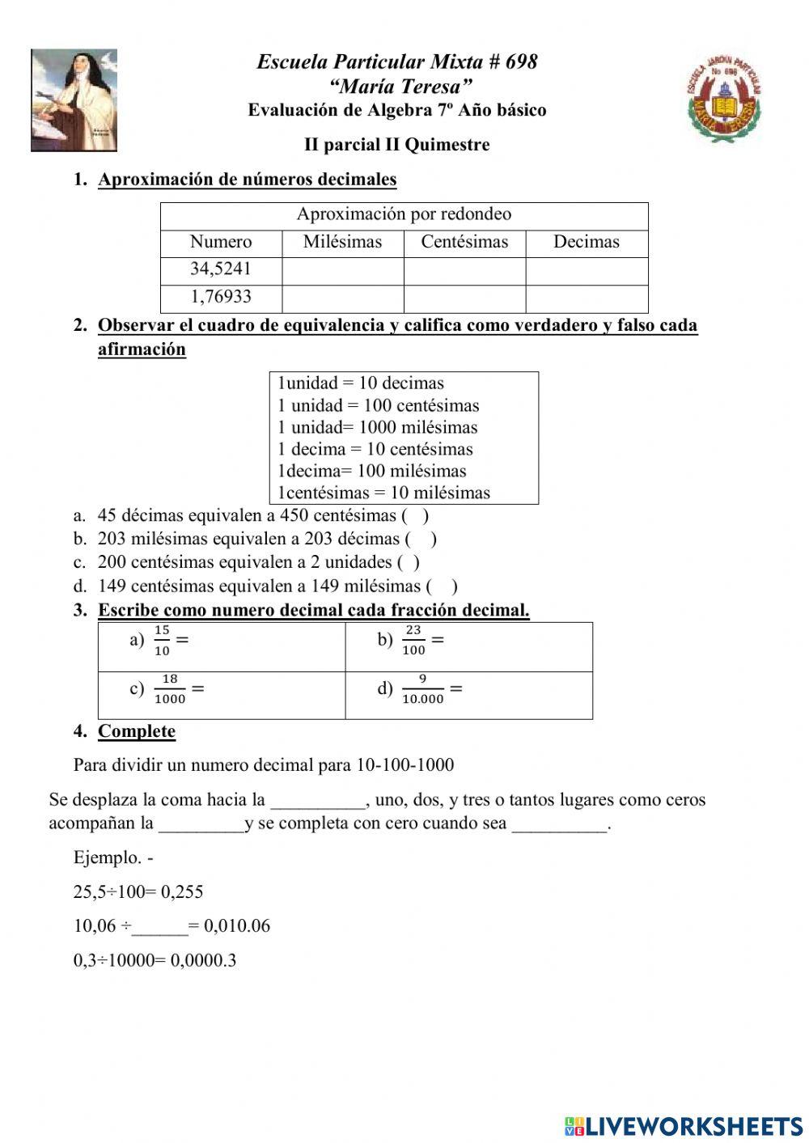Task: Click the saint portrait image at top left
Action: click(74, 100)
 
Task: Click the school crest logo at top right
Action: click(724, 99)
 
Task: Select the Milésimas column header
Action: click(342, 242)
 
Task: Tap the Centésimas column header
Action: click(464, 242)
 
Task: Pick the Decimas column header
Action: click(587, 242)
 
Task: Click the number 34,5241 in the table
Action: click(221, 269)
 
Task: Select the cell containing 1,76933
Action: click(221, 297)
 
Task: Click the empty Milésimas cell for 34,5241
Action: click(342, 270)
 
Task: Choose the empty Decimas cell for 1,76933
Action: click(587, 298)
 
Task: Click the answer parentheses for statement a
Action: click(414, 515)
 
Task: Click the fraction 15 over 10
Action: click(162, 641)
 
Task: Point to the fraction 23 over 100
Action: click(413, 641)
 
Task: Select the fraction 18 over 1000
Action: click(170, 689)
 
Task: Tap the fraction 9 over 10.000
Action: click(422, 689)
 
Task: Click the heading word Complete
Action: click(137, 731)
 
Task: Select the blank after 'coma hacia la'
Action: click(318, 801)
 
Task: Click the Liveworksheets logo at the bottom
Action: click(684, 1125)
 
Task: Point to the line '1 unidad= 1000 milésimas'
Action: click(378, 428)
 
